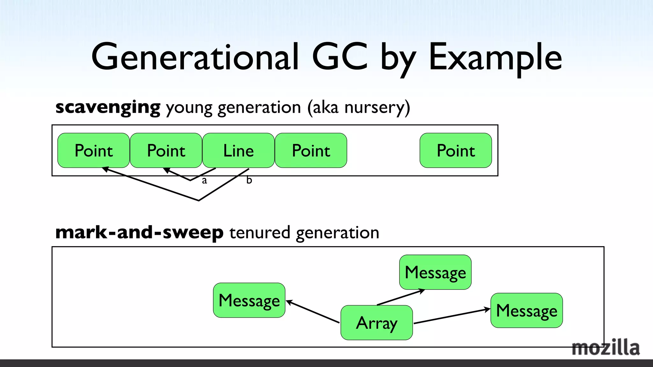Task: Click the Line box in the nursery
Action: pyautogui.click(x=238, y=150)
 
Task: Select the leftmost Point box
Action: pyautogui.click(x=93, y=150)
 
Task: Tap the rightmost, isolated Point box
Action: pyautogui.click(x=456, y=150)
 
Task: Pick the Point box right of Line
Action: pyautogui.click(x=311, y=150)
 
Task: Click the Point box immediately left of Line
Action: pyautogui.click(x=166, y=150)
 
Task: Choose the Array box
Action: pyautogui.click(x=377, y=323)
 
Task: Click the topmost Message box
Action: pyautogui.click(x=435, y=272)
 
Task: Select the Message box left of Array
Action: pyautogui.click(x=249, y=300)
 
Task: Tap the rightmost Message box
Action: pyautogui.click(x=526, y=311)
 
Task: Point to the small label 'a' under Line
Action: pyautogui.click(x=204, y=181)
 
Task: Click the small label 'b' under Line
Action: pyautogui.click(x=249, y=180)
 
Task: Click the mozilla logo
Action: pyautogui.click(x=605, y=348)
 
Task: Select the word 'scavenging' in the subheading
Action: pyautogui.click(x=108, y=107)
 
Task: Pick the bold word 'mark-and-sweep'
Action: pyautogui.click(x=139, y=232)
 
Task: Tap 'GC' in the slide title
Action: pyautogui.click(x=340, y=57)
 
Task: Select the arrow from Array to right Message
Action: pyautogui.click(x=451, y=316)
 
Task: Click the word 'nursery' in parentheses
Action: pyautogui.click(x=374, y=107)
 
